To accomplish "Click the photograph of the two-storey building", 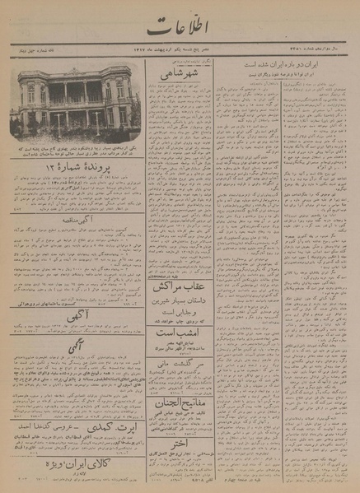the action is (x=76, y=98).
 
